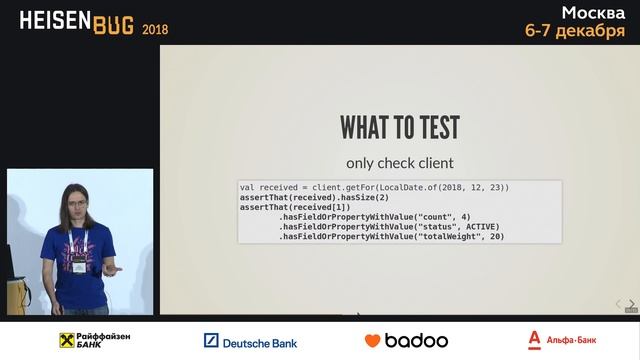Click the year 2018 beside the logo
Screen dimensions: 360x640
(155, 29)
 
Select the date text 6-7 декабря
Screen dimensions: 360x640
(575, 31)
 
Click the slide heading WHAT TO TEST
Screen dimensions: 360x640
(399, 128)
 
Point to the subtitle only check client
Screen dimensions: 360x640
(399, 163)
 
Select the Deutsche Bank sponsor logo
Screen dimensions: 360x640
(250, 341)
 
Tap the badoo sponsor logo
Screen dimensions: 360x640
(405, 340)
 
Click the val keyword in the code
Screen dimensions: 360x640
(247, 187)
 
